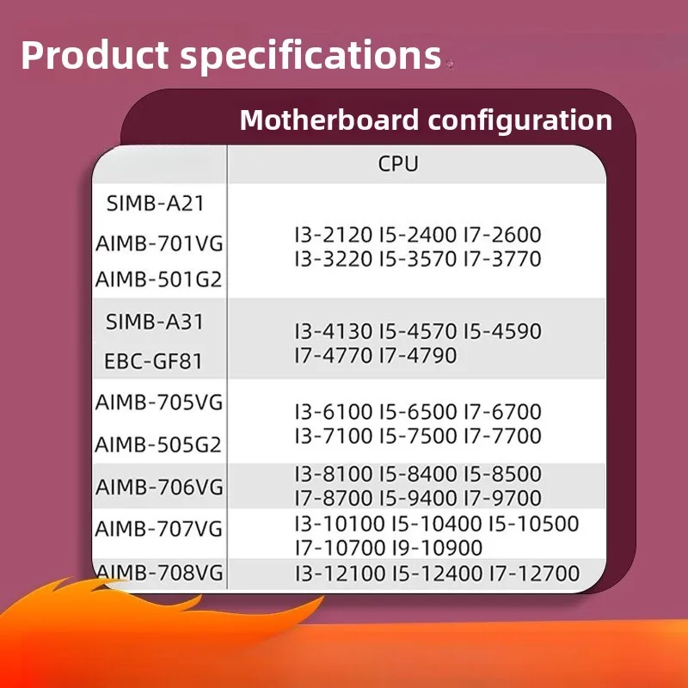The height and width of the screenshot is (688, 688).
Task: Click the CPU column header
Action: click(x=398, y=163)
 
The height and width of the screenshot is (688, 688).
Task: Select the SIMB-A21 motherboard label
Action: click(x=156, y=203)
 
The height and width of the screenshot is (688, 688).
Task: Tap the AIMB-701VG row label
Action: click(x=159, y=243)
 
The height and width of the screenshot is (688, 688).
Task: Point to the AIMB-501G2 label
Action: click(x=158, y=279)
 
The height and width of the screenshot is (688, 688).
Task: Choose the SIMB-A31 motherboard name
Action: click(x=155, y=322)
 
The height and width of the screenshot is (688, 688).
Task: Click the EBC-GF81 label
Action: click(x=153, y=361)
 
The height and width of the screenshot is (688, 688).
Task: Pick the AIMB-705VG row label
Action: click(x=159, y=402)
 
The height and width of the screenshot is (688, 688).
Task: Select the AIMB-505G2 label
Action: click(x=158, y=445)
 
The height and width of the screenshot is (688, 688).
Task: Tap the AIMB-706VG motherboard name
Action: click(x=159, y=487)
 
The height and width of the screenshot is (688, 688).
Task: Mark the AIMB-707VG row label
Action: click(x=159, y=529)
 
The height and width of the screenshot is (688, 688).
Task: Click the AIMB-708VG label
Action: click(x=159, y=573)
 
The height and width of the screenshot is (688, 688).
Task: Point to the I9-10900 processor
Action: click(x=437, y=548)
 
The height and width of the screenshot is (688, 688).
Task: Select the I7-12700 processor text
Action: click(x=534, y=573)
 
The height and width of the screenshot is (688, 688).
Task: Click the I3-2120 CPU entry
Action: click(x=334, y=234)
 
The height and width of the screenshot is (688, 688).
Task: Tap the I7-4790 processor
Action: click(x=418, y=355)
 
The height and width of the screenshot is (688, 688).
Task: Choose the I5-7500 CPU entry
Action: click(x=418, y=436)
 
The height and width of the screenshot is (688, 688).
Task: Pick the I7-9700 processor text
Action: click(x=503, y=498)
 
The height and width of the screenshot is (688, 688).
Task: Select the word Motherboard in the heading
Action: click(x=329, y=120)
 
